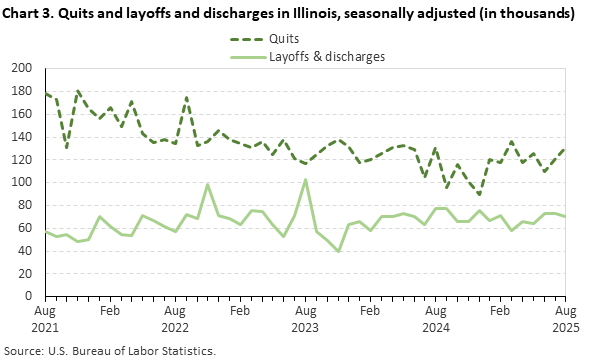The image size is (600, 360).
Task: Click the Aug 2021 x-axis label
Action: click(x=46, y=319)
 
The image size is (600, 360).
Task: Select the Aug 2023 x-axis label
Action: click(x=305, y=319)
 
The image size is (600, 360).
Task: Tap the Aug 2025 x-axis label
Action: click(x=565, y=319)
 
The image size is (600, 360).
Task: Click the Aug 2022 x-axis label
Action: click(x=176, y=319)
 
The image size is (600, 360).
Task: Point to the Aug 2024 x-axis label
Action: click(x=435, y=319)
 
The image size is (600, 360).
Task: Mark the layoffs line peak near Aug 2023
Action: click(x=305, y=180)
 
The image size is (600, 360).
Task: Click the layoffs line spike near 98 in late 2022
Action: click(x=207, y=184)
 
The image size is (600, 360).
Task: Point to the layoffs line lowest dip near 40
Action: click(x=338, y=251)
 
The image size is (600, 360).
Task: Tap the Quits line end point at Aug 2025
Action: click(x=565, y=149)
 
